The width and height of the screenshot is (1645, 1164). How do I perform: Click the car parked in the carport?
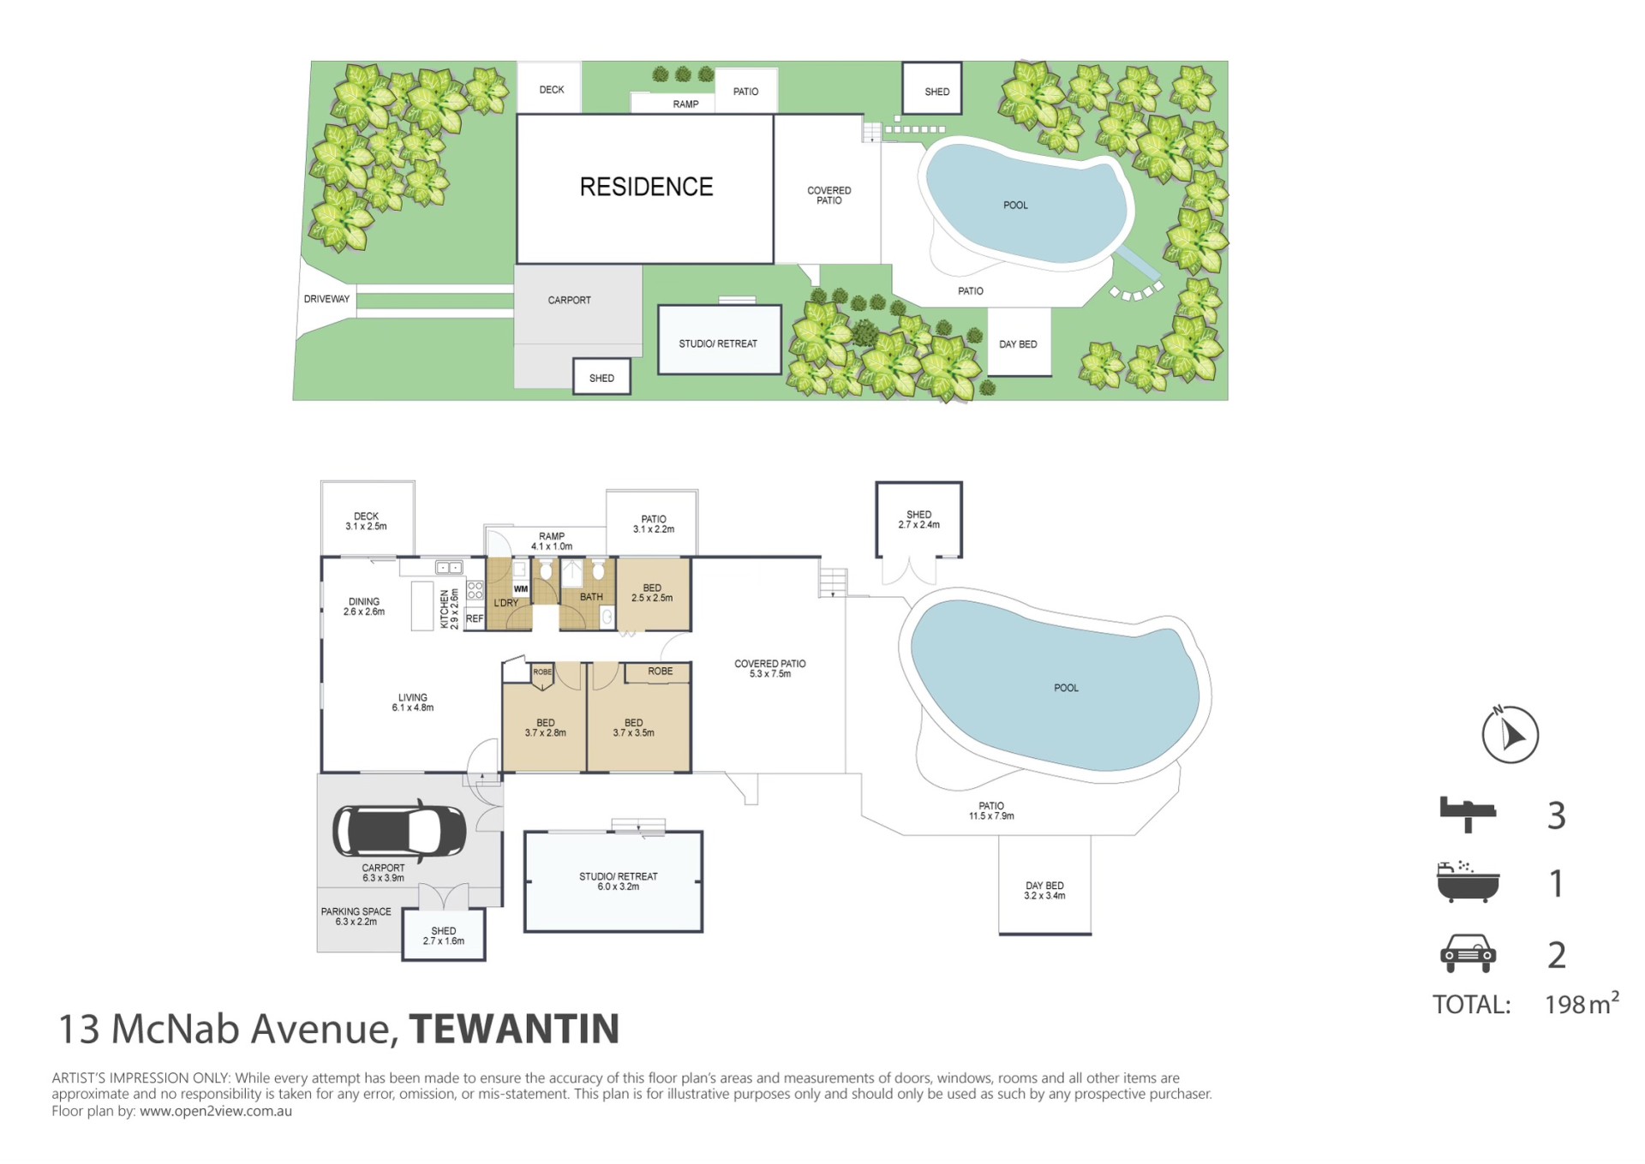[x=399, y=831]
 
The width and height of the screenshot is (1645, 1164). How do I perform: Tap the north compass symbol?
[x=1510, y=734]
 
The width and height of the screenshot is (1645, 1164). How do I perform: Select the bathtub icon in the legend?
[x=1468, y=882]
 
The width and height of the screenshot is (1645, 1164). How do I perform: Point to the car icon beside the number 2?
[x=1468, y=953]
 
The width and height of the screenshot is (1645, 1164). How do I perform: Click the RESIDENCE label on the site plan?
[x=646, y=187]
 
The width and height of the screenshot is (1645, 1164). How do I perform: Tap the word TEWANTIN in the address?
[x=514, y=1029]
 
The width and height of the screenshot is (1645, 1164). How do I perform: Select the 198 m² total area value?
[x=1582, y=1003]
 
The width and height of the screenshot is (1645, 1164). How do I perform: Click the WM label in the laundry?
[x=521, y=589]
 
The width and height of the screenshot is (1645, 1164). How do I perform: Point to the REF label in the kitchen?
[x=475, y=618]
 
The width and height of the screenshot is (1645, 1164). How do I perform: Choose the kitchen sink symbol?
[x=449, y=567]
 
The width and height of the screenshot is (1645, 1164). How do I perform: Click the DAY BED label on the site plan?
[x=1018, y=344]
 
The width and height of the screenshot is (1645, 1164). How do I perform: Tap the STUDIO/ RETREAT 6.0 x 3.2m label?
[x=619, y=881]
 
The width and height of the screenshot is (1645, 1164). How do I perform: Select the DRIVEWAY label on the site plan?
[x=326, y=299]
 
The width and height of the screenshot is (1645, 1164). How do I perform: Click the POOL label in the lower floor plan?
[x=1066, y=688]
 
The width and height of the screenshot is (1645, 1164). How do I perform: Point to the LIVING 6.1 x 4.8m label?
[x=413, y=702]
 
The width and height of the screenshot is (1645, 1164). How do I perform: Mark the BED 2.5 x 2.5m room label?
[x=652, y=593]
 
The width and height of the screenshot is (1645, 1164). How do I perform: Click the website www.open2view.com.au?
[x=216, y=1111]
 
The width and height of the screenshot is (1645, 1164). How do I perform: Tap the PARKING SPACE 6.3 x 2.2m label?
[x=356, y=916]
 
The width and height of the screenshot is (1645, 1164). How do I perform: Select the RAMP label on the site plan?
[x=685, y=104]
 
